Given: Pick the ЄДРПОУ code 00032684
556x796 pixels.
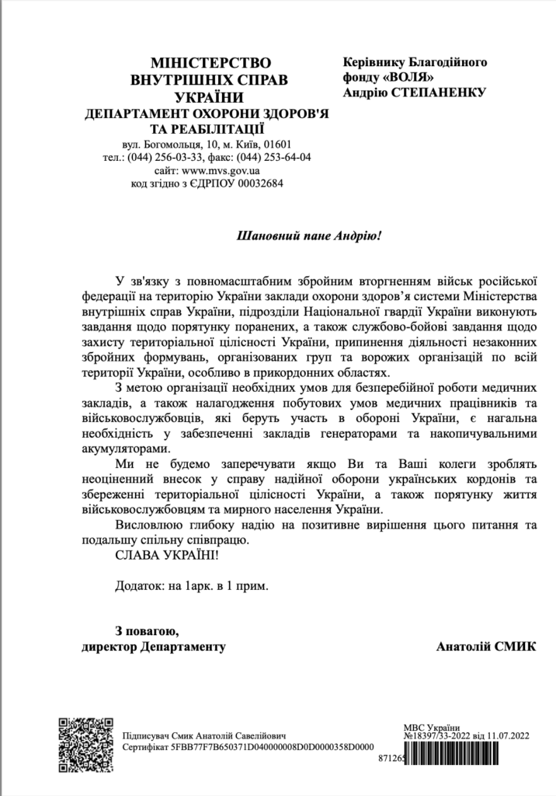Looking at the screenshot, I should coord(258,184).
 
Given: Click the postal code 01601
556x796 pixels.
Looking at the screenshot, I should coord(276,144).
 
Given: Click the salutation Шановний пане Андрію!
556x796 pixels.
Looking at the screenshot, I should coord(309,234).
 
